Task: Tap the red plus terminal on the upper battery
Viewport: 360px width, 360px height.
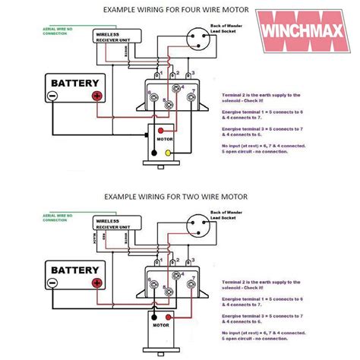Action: (x=97, y=96)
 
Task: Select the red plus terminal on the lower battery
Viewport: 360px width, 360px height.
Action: (x=97, y=283)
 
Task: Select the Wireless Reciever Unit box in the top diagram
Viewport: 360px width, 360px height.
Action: (x=117, y=36)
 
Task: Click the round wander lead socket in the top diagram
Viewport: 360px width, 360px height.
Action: (x=204, y=38)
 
